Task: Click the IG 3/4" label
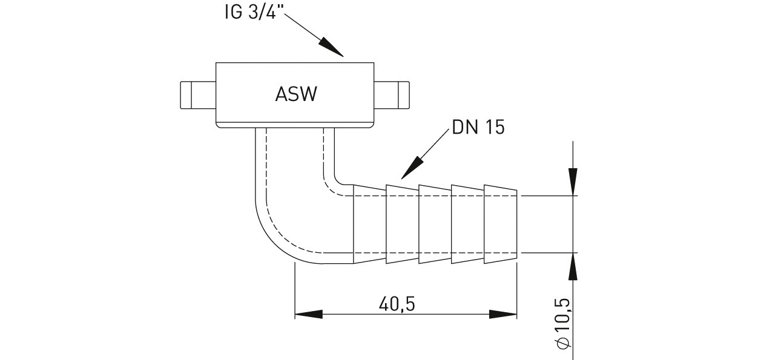[249, 13]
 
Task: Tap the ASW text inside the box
[295, 94]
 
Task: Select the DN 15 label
[478, 129]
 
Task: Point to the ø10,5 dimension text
[561, 323]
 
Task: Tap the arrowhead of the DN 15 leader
[412, 169]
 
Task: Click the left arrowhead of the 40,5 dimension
[308, 315]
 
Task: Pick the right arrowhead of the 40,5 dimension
[504, 315]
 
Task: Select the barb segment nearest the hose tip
[500, 225]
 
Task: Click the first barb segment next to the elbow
[370, 224]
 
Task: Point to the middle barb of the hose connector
[435, 224]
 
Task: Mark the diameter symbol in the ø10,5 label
[562, 343]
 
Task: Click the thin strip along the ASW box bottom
[295, 125]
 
